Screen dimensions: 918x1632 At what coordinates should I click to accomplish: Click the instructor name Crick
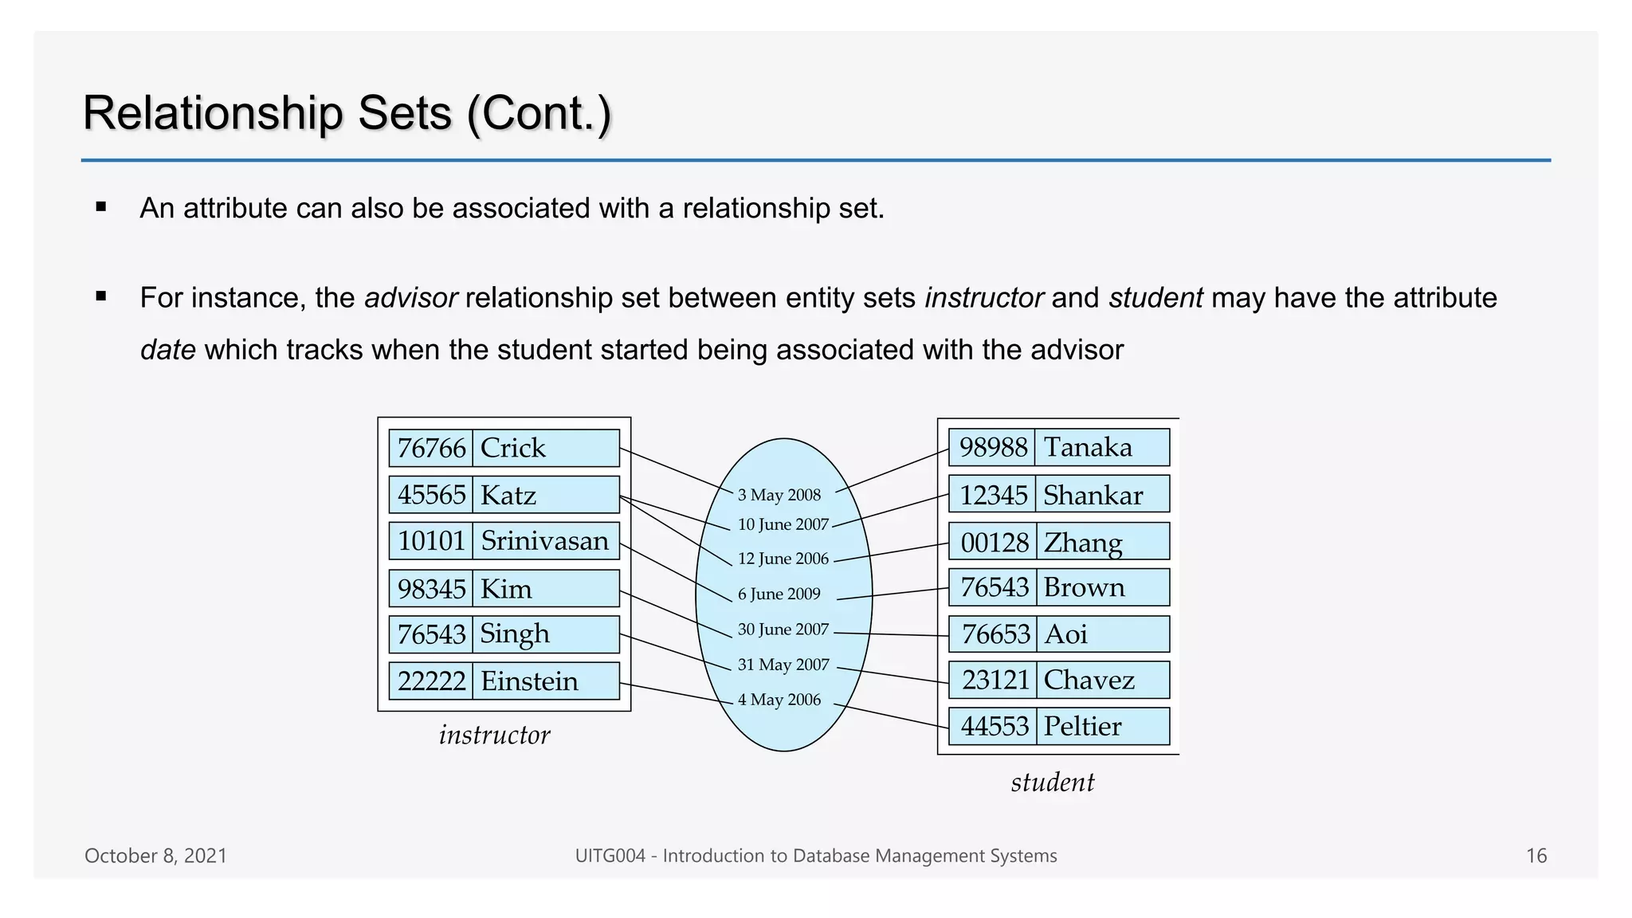(x=513, y=448)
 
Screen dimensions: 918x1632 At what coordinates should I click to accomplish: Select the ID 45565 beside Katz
(x=431, y=495)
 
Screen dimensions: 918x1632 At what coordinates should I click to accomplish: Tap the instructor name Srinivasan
(x=544, y=541)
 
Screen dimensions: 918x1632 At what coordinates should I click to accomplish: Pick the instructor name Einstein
(x=529, y=681)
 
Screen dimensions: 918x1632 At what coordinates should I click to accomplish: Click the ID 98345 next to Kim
(x=431, y=589)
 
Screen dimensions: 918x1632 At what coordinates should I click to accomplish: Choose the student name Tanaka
(x=1088, y=447)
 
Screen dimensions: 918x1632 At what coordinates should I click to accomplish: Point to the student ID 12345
(x=993, y=496)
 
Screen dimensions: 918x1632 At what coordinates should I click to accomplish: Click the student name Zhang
(x=1083, y=543)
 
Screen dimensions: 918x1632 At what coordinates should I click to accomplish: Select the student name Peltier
(x=1082, y=726)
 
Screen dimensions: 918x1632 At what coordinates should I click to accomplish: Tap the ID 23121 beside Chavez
(x=995, y=680)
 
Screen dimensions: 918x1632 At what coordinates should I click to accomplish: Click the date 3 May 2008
(x=779, y=495)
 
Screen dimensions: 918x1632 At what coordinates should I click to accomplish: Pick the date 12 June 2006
(x=783, y=559)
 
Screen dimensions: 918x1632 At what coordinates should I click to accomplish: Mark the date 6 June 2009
(x=779, y=594)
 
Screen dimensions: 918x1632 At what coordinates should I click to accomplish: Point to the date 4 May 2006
(x=779, y=700)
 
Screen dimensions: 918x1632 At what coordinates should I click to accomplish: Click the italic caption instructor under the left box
(x=494, y=735)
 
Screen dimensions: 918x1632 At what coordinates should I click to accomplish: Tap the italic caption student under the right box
(x=1052, y=783)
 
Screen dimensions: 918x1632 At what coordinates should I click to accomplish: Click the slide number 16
(x=1536, y=856)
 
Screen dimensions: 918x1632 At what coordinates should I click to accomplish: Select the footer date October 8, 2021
(x=155, y=856)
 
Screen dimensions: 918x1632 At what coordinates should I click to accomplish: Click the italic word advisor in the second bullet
(x=410, y=298)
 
